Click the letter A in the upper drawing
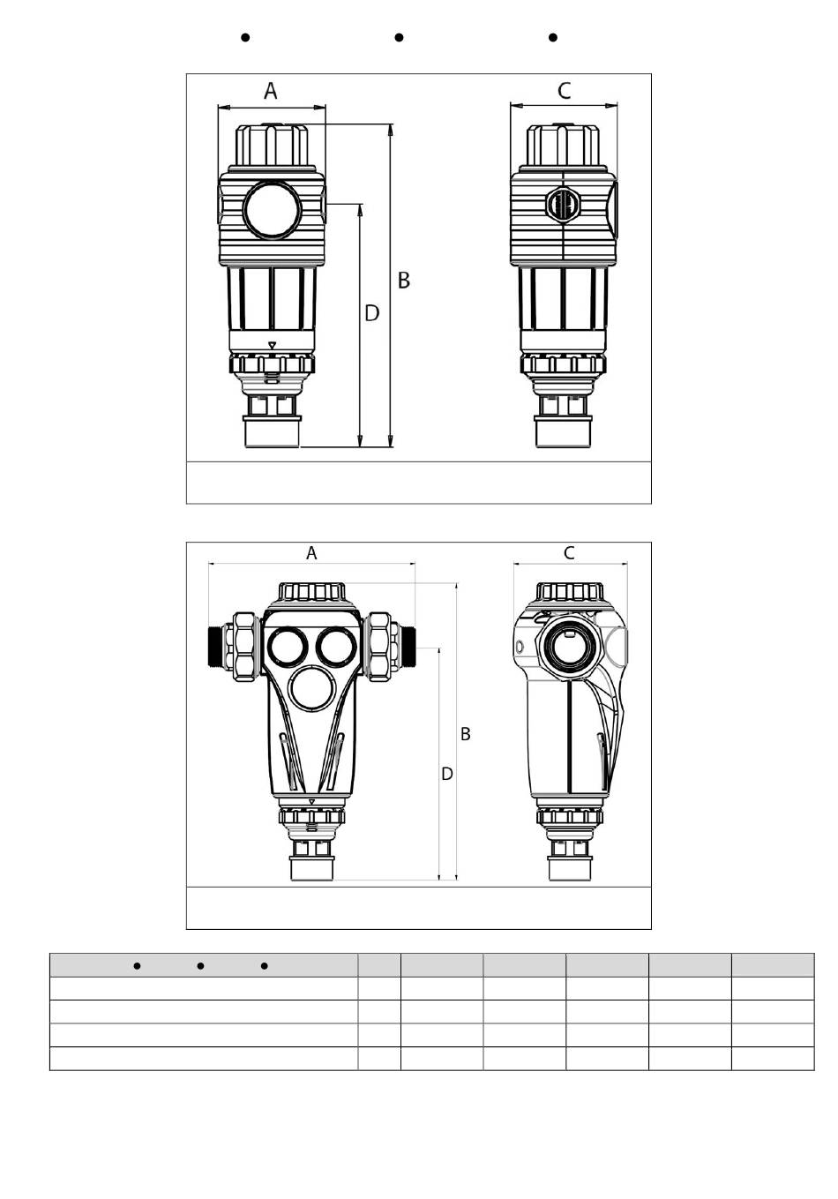click(271, 91)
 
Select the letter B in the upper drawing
click(404, 281)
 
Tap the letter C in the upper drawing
click(564, 91)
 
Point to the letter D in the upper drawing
click(372, 313)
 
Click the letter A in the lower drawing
click(311, 553)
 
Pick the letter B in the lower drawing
click(466, 734)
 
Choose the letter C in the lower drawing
click(569, 553)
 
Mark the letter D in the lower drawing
click(447, 774)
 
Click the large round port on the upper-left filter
click(272, 210)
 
